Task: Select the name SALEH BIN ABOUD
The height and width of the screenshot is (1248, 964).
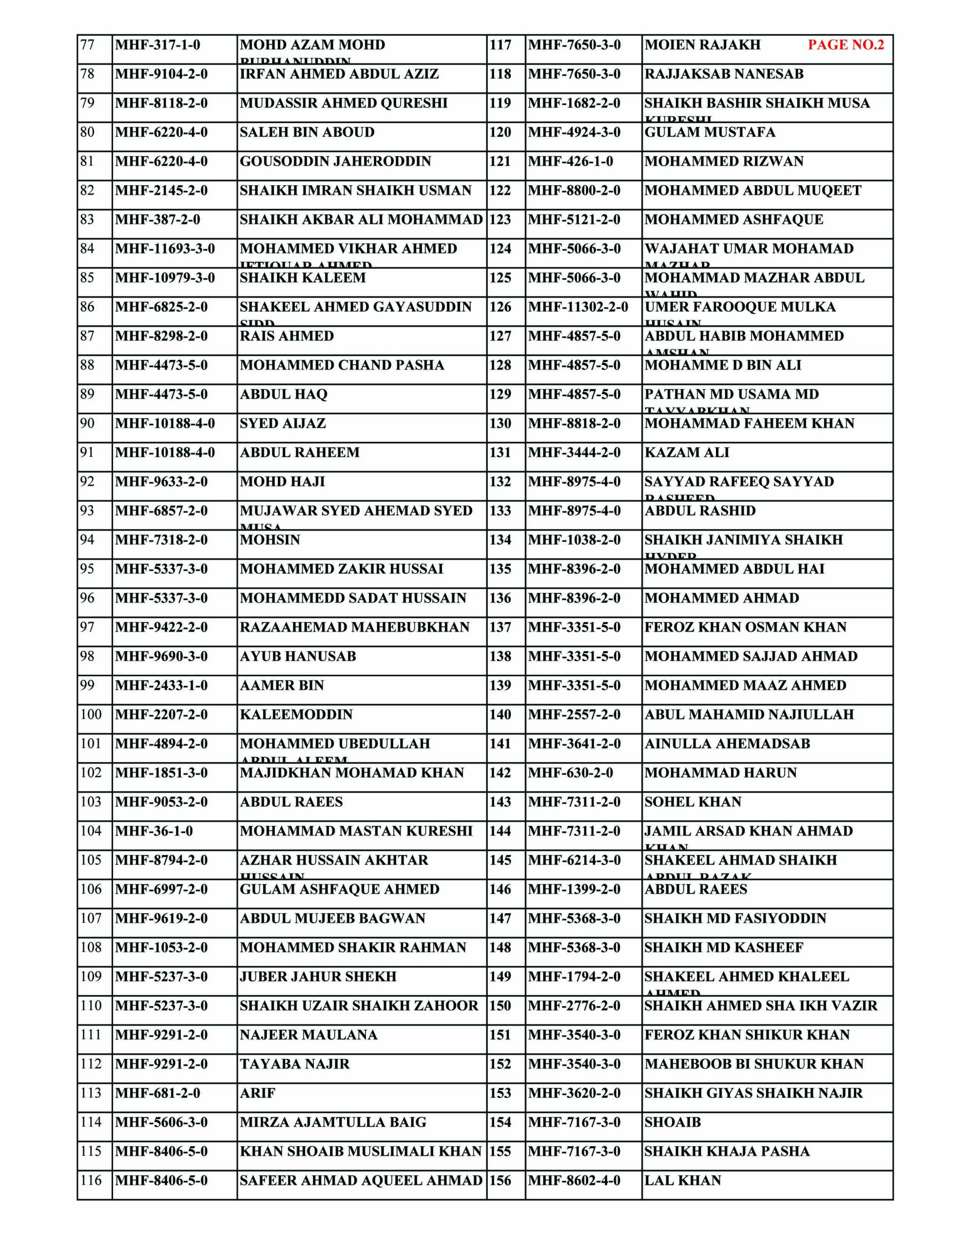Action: click(x=307, y=132)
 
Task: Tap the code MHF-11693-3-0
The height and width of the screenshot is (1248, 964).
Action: click(x=165, y=249)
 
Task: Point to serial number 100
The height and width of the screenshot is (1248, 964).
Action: click(x=91, y=714)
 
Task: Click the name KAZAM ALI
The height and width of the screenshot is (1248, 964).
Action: click(x=687, y=452)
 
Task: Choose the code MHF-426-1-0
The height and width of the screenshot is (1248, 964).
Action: click(x=570, y=161)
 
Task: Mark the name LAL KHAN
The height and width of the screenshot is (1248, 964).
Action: click(x=683, y=1180)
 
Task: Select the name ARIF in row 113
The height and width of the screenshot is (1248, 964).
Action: click(x=257, y=1093)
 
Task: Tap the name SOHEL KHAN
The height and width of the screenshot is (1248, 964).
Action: click(x=693, y=802)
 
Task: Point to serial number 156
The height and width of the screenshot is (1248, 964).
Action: click(x=500, y=1180)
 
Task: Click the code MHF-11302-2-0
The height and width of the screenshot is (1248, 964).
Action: click(x=578, y=307)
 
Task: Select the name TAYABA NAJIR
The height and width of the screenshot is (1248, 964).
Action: click(x=294, y=1064)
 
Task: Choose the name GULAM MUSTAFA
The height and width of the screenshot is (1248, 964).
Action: click(x=710, y=132)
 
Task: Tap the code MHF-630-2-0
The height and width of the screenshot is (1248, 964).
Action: click(x=570, y=773)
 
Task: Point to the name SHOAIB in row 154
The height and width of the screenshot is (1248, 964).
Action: click(x=673, y=1122)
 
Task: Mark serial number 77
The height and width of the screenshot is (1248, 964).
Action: click(x=87, y=44)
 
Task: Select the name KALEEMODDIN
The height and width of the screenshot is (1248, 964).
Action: click(x=296, y=714)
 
